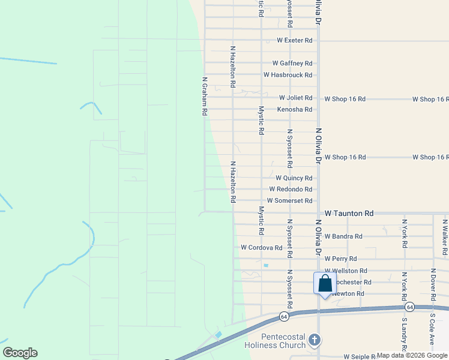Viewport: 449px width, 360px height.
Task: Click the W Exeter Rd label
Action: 294,40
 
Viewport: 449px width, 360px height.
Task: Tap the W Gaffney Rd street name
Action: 292,63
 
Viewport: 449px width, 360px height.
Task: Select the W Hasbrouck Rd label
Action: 288,75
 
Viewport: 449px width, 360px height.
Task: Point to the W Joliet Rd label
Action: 295,98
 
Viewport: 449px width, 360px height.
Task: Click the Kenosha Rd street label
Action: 294,109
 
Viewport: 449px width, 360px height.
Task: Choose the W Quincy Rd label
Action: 294,178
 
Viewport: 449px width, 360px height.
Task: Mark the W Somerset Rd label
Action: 289,200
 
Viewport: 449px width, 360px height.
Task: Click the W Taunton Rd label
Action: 349,213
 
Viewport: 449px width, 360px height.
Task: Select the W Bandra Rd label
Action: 343,236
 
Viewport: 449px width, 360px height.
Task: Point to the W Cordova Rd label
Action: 261,247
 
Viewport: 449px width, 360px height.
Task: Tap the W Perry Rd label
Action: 340,259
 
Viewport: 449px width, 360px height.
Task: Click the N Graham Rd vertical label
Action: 205,96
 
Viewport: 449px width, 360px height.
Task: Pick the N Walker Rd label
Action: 445,238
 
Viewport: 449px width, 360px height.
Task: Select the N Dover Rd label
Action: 433,283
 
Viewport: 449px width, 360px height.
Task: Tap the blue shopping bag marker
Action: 324,284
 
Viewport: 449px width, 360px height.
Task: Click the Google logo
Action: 20,353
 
